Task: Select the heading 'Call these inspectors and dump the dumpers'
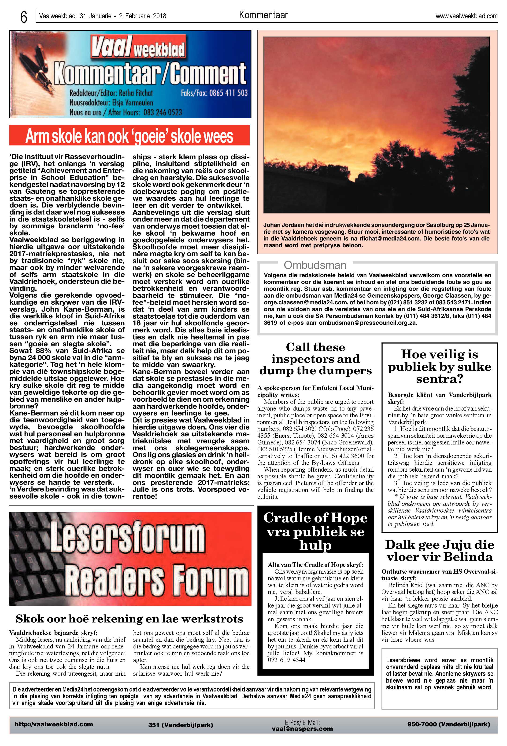pos(315,359)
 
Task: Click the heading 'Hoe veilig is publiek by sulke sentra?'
pos(439,367)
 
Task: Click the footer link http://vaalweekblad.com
pos(54,724)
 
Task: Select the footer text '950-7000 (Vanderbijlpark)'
pos(448,724)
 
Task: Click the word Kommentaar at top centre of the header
pos(263,15)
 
